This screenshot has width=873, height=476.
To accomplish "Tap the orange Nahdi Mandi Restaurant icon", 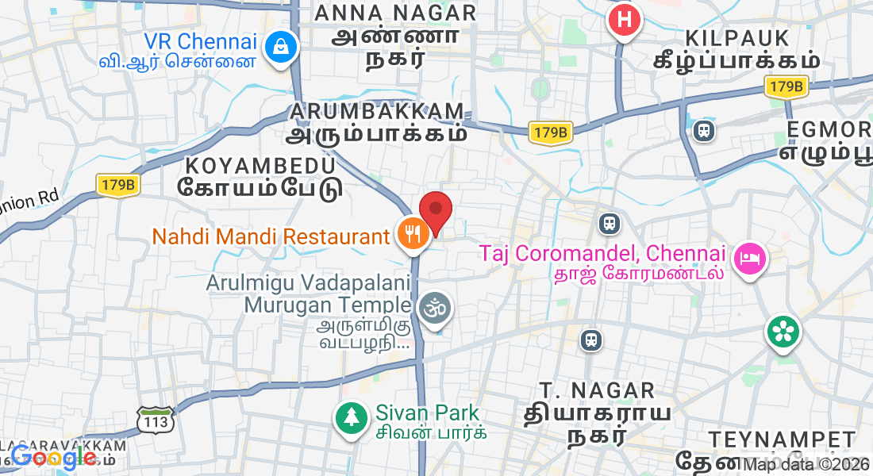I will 411,235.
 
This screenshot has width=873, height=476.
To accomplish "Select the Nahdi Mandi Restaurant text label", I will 271,236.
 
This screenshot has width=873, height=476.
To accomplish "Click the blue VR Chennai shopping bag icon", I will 280,46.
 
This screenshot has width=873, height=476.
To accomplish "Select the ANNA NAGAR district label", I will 395,13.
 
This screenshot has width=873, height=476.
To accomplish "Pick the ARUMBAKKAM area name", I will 377,111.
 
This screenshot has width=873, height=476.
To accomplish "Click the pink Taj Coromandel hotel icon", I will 749,259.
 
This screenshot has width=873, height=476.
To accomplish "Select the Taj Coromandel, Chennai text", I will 603,254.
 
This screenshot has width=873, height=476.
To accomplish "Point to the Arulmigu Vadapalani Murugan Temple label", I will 310,294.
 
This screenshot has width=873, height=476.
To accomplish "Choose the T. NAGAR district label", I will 597,390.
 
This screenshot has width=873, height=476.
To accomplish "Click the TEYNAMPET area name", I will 782,440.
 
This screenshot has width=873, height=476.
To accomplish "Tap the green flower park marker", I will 783,331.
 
